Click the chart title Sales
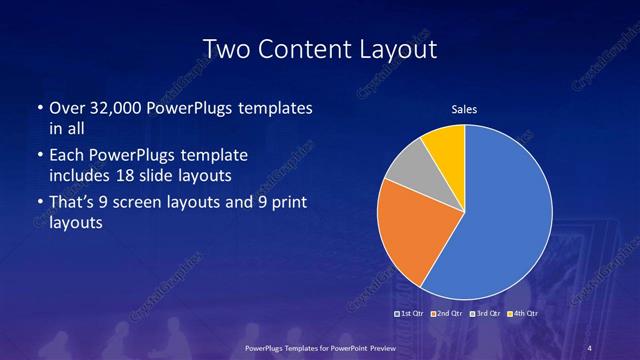pos(464,110)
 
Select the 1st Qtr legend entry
pos(413,315)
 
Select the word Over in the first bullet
pos(66,107)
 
